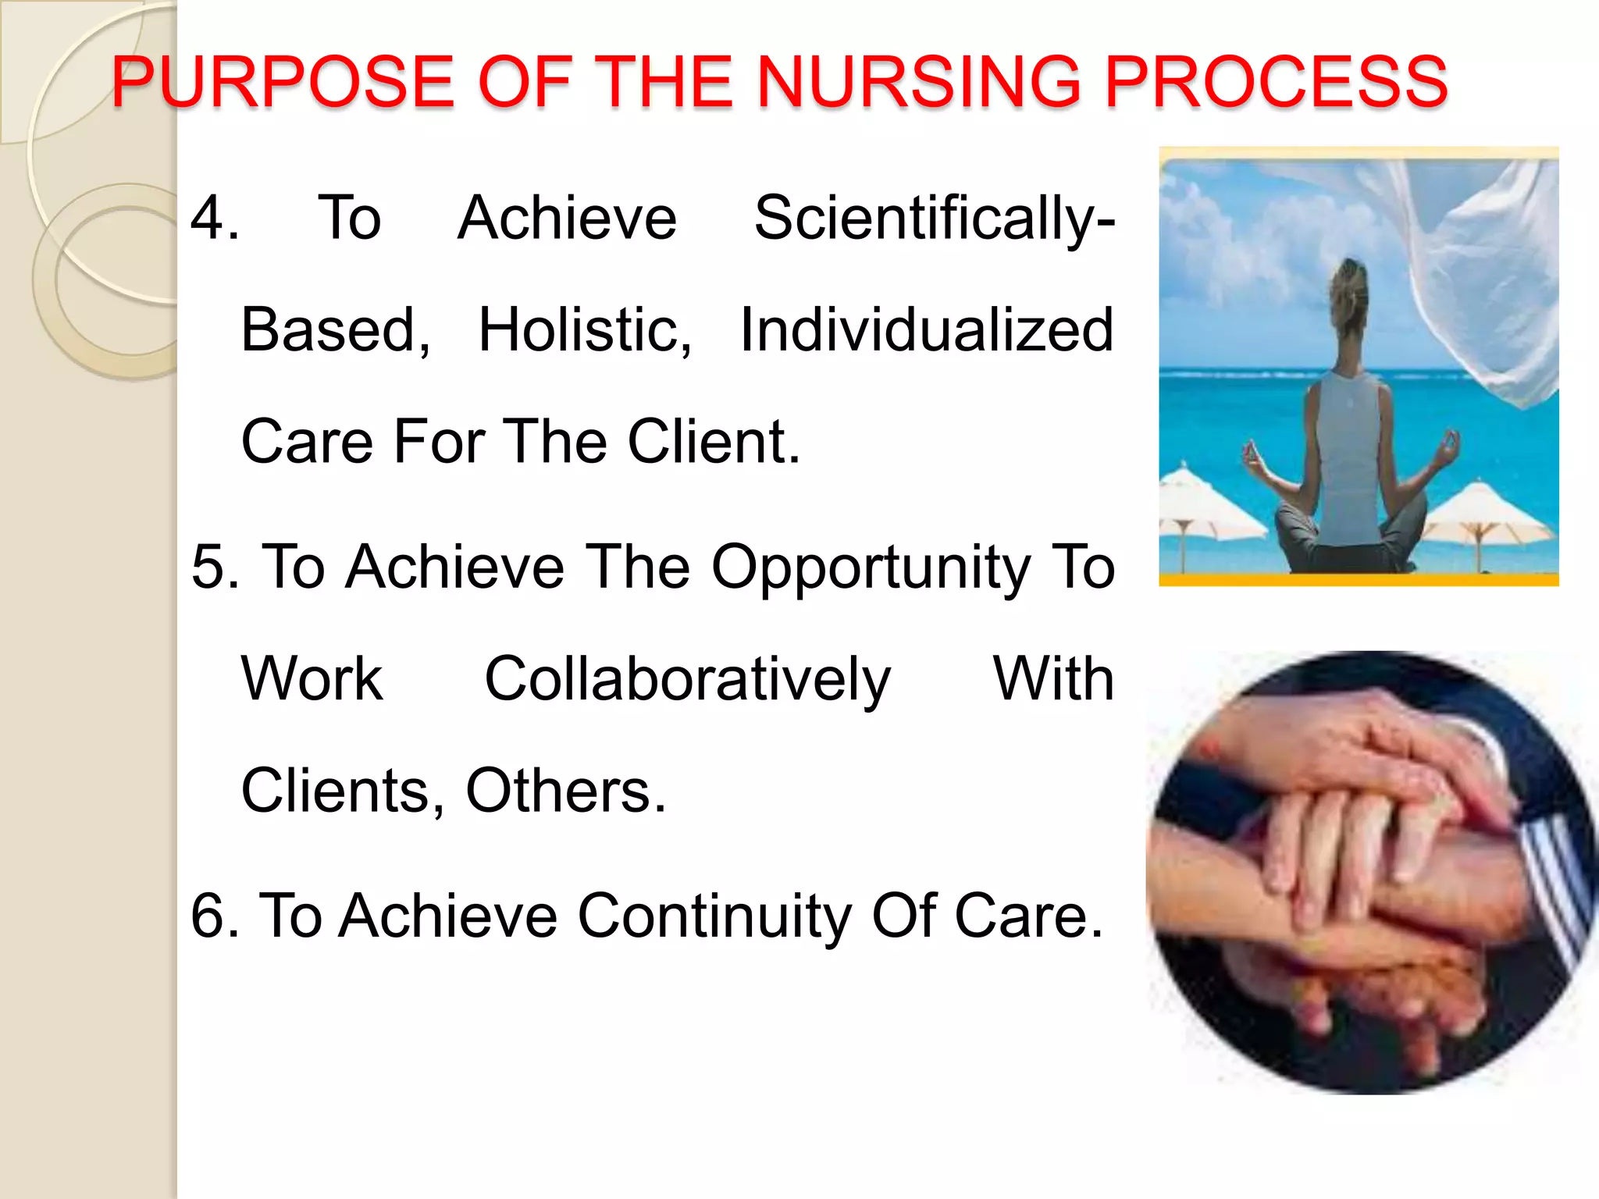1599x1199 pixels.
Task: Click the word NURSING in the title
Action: point(920,82)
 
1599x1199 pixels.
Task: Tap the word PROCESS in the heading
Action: point(1277,82)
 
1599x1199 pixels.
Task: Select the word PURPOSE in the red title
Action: point(283,82)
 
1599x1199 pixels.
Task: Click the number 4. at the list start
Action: point(215,218)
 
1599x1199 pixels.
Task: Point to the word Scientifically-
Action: point(934,219)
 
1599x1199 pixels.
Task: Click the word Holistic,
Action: point(585,330)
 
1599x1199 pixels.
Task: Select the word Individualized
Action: point(926,330)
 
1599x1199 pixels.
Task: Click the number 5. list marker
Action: point(215,567)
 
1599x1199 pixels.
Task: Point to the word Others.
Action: point(565,792)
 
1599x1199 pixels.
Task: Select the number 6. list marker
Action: point(215,916)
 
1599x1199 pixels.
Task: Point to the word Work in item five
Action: point(312,679)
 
